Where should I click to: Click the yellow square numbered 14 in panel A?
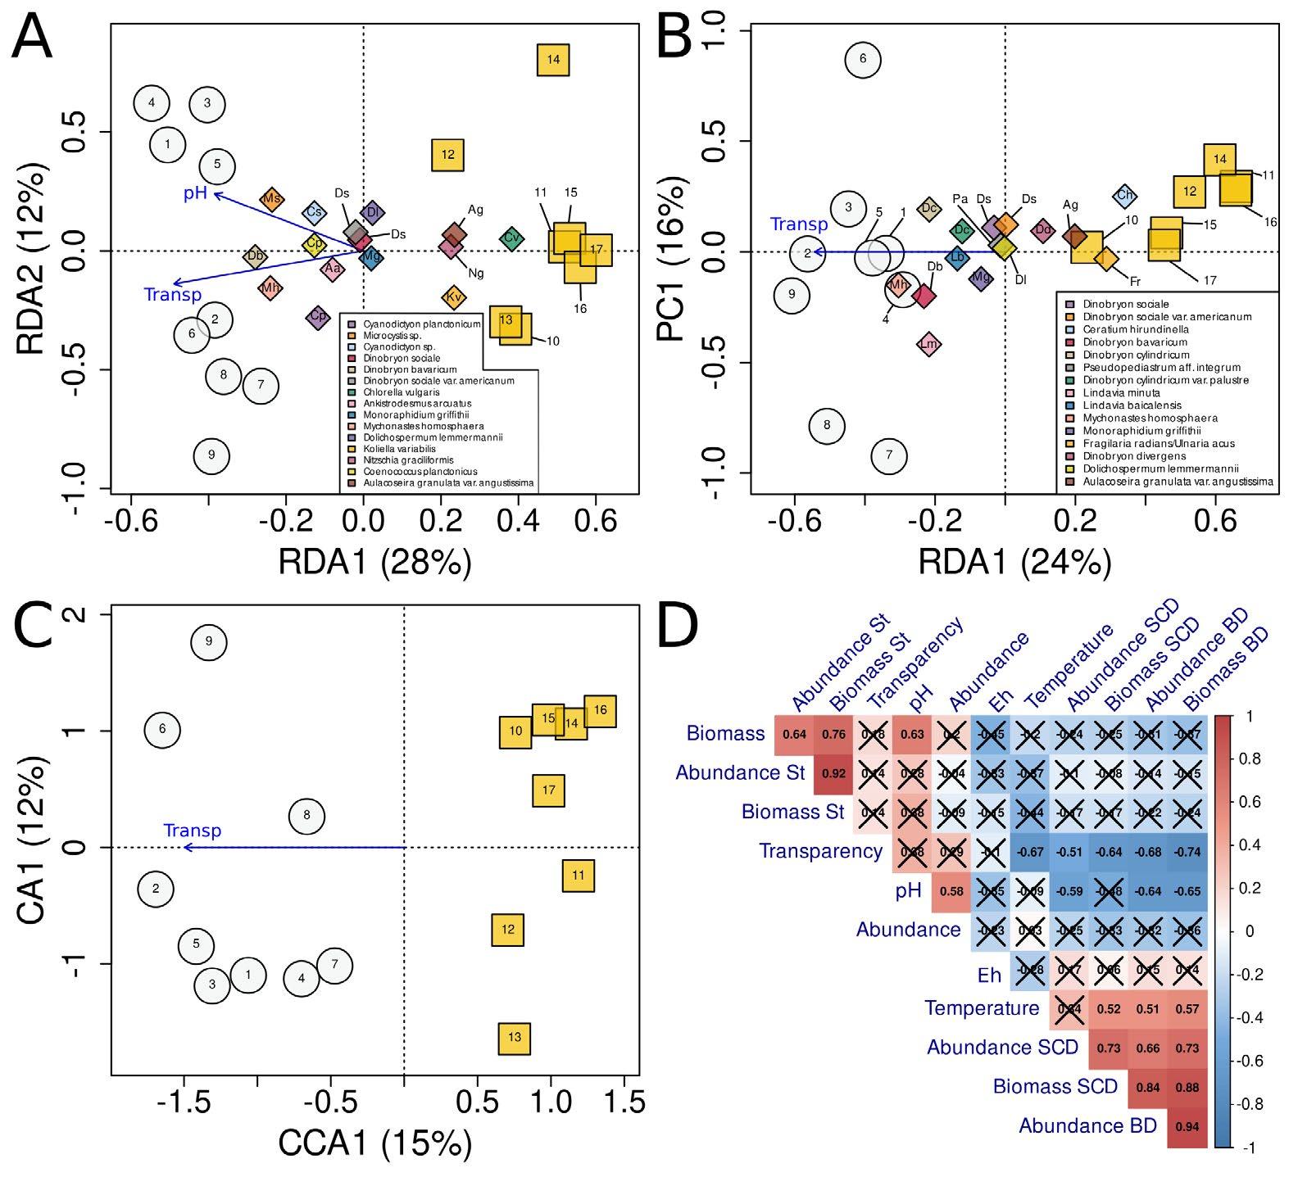tap(553, 60)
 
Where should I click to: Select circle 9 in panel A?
tap(211, 455)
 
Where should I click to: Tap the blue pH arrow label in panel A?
tap(195, 194)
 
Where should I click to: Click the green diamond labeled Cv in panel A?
tap(512, 238)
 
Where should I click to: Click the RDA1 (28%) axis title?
tap(375, 563)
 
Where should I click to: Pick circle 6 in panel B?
tap(862, 59)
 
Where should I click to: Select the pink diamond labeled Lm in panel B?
tap(928, 344)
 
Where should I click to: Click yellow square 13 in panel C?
tap(514, 1038)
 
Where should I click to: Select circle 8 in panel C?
tap(306, 816)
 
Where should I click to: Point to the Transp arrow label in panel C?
tap(193, 831)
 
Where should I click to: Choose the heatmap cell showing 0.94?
tap(1187, 1126)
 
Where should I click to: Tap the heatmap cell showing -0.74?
tap(1187, 852)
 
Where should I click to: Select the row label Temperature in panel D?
tap(982, 1008)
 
